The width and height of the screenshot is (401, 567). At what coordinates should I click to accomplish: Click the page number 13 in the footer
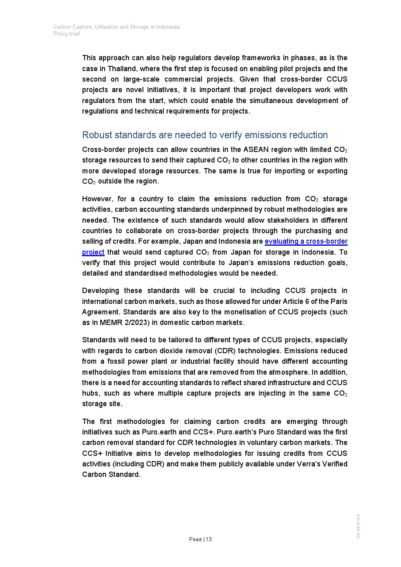coord(209,539)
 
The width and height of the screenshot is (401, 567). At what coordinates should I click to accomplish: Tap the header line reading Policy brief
coord(67,34)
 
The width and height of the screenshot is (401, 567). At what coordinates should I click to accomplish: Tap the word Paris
coord(339,301)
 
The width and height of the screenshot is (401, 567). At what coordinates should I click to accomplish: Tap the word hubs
coord(89,393)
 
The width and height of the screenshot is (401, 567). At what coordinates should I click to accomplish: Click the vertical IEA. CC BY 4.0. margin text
coord(358,526)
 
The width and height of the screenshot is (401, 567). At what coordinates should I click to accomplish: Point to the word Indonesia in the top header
coord(168,27)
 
